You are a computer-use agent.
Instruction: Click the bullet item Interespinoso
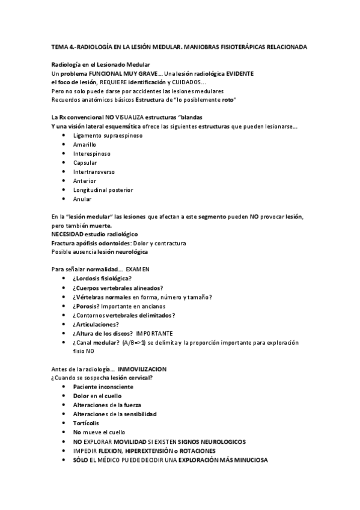[91, 153]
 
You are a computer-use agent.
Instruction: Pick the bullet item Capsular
[85, 162]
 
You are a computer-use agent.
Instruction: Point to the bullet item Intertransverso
[94, 171]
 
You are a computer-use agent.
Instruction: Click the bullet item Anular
[82, 198]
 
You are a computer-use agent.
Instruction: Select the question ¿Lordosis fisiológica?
[102, 278]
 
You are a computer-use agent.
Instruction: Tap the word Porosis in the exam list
[87, 306]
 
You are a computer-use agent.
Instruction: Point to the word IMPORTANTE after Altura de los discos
[154, 333]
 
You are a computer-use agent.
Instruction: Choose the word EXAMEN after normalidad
[137, 269]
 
